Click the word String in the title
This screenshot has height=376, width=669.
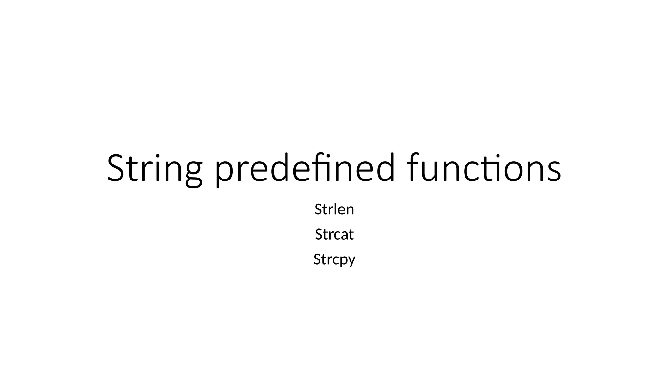pos(154,168)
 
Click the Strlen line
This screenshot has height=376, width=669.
pos(334,209)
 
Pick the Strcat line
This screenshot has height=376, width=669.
pos(334,234)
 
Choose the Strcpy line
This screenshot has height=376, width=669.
pos(334,260)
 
